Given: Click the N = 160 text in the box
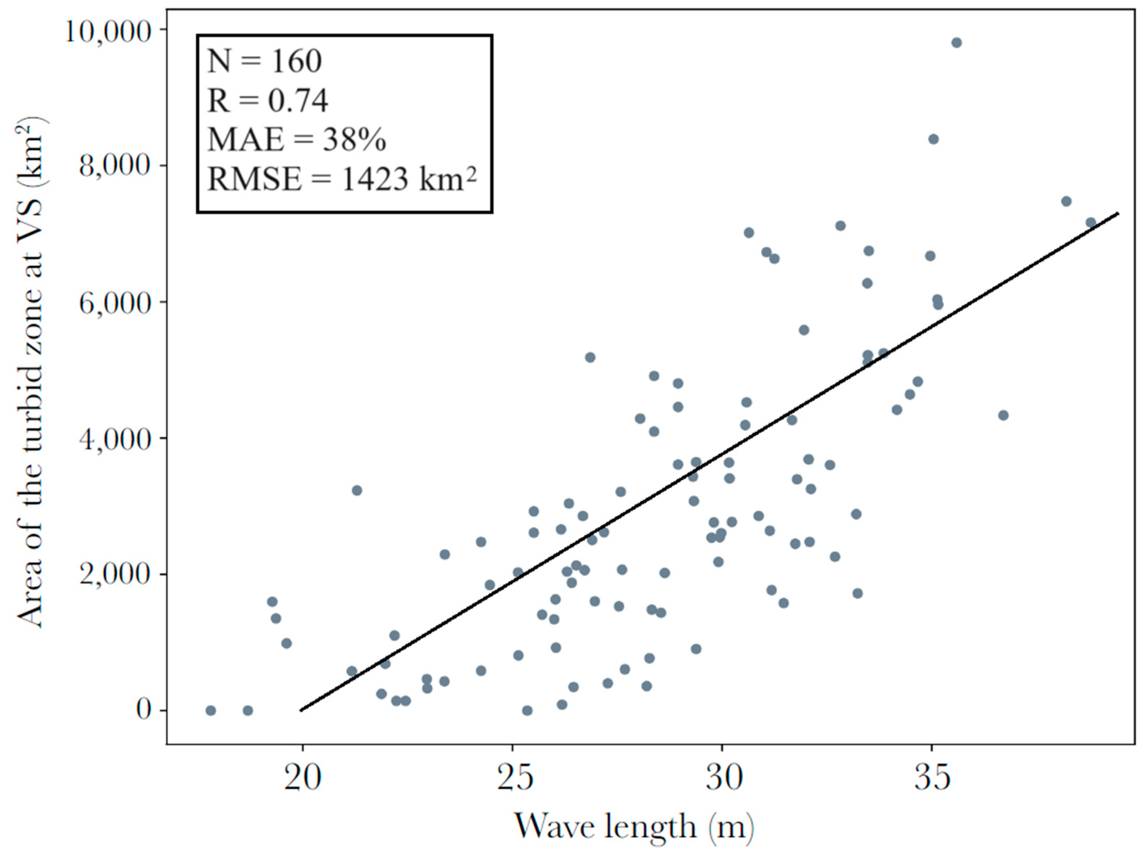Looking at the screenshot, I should [264, 61].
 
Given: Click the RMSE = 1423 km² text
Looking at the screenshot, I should [342, 180].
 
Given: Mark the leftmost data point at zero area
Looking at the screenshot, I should [210, 710].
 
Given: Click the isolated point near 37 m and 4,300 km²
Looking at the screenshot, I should [1003, 415].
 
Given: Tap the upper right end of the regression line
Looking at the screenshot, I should [1118, 213].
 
